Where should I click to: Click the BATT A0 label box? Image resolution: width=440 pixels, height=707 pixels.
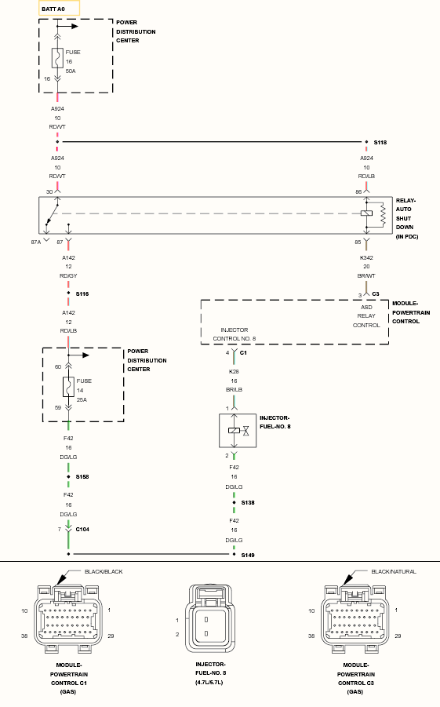tap(59, 9)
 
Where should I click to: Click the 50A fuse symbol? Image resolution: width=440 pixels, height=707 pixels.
tap(57, 58)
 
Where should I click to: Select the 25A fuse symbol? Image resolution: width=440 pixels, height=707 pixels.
tap(68, 387)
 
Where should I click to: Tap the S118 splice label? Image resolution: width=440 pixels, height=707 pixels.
tap(380, 143)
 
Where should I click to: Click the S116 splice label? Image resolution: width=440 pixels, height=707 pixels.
tap(82, 294)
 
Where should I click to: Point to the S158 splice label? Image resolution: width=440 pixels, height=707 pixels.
tap(82, 476)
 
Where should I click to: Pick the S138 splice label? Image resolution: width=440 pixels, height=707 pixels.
tap(248, 503)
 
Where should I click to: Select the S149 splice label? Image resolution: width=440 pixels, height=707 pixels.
tap(248, 555)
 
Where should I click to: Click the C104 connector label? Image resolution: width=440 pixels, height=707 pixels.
tap(82, 530)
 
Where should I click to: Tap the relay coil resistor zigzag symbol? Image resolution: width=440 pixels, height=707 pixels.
tap(383, 214)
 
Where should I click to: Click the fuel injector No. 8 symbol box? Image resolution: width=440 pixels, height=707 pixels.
tap(238, 431)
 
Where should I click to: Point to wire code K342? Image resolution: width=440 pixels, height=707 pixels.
tap(366, 258)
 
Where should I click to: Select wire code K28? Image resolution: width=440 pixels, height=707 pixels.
tap(234, 371)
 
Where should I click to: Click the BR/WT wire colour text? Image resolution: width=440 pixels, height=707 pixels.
tap(366, 276)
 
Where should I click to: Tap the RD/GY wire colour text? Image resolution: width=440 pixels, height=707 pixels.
tap(68, 276)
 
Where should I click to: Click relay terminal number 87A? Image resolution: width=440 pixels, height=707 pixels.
tap(35, 242)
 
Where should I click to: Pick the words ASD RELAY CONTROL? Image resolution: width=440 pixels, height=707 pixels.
tap(366, 316)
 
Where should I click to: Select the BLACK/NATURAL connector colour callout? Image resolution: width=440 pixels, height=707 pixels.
tap(394, 572)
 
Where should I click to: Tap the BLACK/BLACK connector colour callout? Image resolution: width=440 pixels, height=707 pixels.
tap(104, 572)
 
